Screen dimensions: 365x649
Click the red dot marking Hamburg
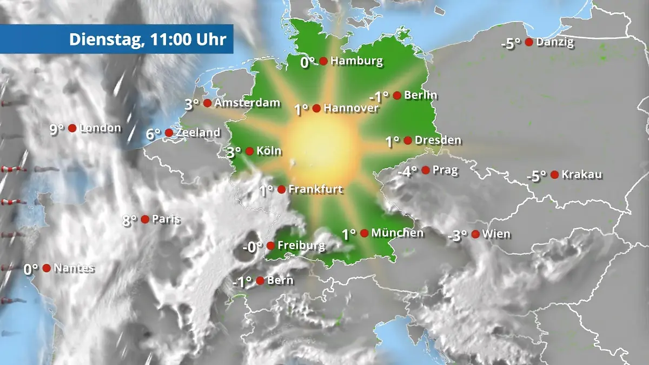(323, 61)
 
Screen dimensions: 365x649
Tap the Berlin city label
(421, 95)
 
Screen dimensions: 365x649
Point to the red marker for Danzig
(529, 42)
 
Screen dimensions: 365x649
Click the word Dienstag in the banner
(102, 39)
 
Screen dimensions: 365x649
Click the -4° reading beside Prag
(408, 171)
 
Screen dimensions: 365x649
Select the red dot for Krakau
(554, 175)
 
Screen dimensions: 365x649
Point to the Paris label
(166, 219)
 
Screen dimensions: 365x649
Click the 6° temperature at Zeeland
(154, 134)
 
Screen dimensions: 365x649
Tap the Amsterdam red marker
(207, 103)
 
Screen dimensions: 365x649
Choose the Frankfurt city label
(316, 189)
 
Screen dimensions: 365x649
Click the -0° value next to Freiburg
(253, 247)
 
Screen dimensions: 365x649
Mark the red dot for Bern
(260, 281)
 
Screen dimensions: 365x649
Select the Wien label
(496, 234)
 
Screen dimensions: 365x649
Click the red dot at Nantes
(47, 268)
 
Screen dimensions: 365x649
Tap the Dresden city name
(438, 141)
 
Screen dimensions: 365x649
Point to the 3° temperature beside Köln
(234, 152)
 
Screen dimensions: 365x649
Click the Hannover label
(351, 108)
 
